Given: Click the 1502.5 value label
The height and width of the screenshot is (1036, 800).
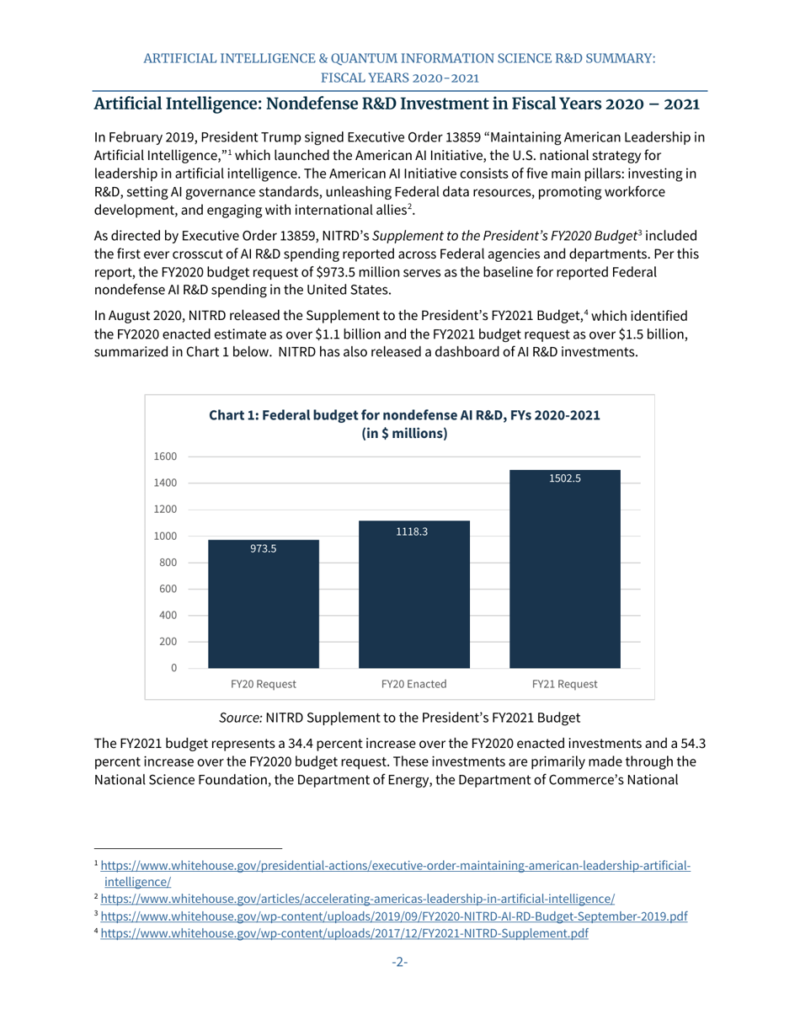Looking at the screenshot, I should (565, 478).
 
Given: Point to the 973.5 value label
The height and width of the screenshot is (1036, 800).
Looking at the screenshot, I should (264, 548).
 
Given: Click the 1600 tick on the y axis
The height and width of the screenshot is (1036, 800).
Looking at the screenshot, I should (166, 457).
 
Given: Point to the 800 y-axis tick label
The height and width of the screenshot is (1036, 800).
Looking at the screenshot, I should (168, 563).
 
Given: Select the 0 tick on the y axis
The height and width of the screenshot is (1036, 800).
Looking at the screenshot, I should (173, 668).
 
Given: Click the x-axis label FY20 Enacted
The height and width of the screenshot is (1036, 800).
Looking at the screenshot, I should (413, 684).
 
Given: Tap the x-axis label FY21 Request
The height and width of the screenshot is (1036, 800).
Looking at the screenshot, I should (565, 684).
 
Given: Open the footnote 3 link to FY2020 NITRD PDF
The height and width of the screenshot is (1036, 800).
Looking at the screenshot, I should (394, 916).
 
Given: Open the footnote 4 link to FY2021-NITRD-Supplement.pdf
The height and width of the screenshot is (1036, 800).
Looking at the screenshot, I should (344, 934).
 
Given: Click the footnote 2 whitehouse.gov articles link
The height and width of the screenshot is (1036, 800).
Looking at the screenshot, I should (357, 899).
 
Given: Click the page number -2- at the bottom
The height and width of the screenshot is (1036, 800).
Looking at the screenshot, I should (399, 962).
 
